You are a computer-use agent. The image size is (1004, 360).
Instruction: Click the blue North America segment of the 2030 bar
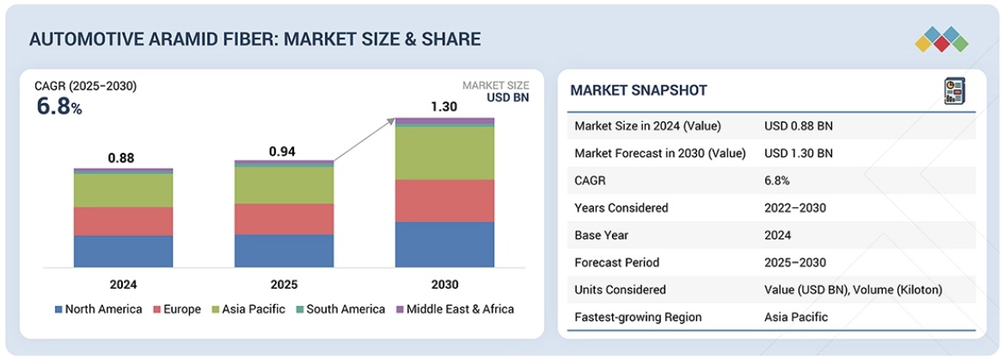pos(444,244)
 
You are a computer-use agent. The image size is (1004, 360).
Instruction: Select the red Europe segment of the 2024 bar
pos(123,222)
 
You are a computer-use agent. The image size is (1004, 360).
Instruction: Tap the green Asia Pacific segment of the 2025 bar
pos(284,185)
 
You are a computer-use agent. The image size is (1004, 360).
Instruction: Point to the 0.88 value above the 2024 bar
pos(121,158)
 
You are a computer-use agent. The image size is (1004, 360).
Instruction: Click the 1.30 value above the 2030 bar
pos(444,107)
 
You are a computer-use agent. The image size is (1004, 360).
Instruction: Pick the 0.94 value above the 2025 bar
pos(283,151)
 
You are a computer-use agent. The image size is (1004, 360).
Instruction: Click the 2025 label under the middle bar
pos(284,284)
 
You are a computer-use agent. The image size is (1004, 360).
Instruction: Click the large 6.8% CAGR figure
pos(58,107)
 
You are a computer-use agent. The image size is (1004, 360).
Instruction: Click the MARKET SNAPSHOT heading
pos(639,91)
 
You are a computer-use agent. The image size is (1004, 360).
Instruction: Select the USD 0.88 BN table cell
pos(799,126)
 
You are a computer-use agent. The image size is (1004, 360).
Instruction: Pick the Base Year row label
pos(601,235)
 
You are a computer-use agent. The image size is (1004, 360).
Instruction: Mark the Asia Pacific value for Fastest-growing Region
pos(796,317)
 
